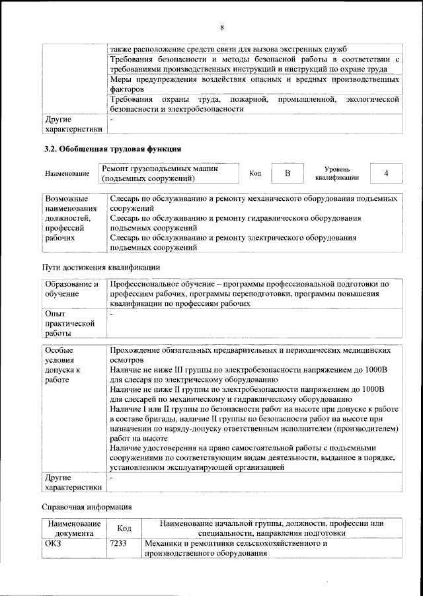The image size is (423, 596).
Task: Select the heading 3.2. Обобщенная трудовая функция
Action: pyautogui.click(x=113, y=148)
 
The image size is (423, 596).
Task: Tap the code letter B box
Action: pyautogui.click(x=287, y=173)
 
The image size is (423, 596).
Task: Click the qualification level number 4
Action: pyautogui.click(x=386, y=173)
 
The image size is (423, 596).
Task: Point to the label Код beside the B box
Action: pyautogui.click(x=255, y=174)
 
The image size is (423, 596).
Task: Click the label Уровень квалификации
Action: pyautogui.click(x=337, y=173)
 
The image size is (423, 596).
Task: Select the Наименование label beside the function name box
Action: pyautogui.click(x=67, y=174)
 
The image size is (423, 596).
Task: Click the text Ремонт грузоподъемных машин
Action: pyautogui.click(x=161, y=169)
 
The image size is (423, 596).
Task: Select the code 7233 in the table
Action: pyautogui.click(x=119, y=544)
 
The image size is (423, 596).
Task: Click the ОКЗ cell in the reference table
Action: pyautogui.click(x=54, y=544)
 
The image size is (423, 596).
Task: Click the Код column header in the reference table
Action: pyautogui.click(x=124, y=529)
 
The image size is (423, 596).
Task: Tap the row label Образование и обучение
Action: pyautogui.click(x=72, y=289)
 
